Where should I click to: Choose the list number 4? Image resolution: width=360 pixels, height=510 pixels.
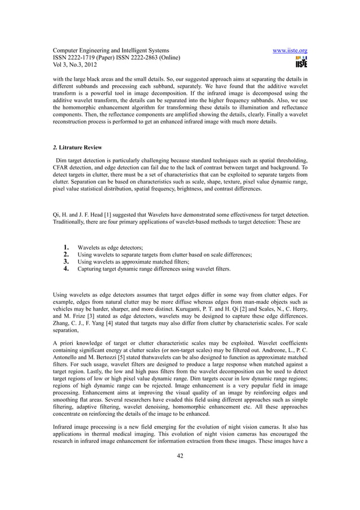(x=65, y=269)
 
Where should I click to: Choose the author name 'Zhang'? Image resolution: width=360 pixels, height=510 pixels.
(x=62, y=325)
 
